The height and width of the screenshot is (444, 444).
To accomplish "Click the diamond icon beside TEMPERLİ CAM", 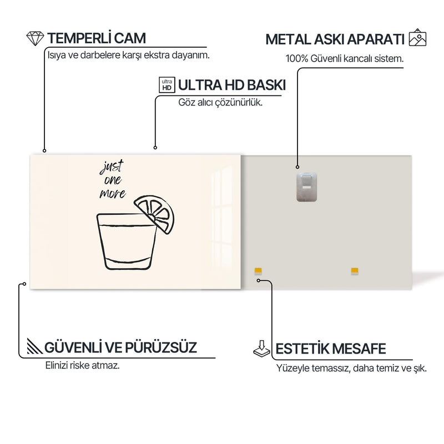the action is [35, 38].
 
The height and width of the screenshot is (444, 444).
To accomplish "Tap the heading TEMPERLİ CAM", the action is [97, 38].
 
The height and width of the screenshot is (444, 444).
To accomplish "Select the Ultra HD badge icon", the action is [167, 85].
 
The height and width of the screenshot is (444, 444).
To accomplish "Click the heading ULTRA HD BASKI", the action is [232, 85].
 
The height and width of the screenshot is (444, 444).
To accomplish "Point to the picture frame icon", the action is [417, 37].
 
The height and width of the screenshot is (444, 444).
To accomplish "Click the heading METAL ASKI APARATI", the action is [335, 39].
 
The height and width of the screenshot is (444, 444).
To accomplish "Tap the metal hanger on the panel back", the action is [306, 187].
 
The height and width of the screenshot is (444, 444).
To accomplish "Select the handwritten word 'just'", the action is [112, 167].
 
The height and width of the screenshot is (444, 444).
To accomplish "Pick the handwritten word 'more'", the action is [113, 193].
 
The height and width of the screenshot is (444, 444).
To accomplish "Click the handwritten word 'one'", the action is [113, 180].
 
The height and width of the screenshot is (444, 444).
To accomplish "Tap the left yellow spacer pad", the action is [258, 271].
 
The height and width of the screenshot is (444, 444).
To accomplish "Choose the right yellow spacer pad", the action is [355, 271].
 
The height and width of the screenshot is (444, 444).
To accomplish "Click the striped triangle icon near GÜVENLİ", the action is [34, 346].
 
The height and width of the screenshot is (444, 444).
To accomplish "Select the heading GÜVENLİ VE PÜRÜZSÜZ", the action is [120, 347].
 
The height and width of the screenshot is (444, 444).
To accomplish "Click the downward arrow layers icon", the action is [262, 349].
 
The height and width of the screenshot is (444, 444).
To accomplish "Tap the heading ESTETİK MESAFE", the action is [331, 349].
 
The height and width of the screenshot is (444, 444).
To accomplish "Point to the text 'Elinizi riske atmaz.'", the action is [82, 365].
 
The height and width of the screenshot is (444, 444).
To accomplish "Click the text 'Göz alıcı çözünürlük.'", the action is [220, 102].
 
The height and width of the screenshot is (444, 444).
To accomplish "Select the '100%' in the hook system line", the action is [297, 59].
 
